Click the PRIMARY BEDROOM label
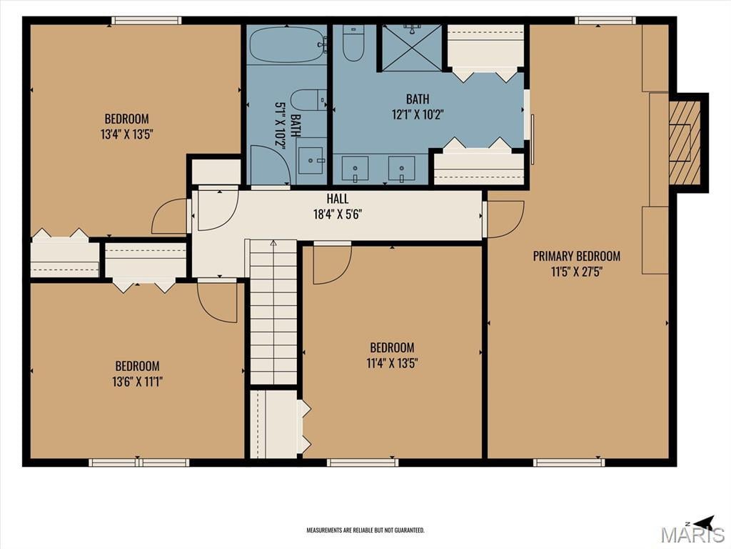[x=577, y=257]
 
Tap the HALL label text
[x=338, y=199]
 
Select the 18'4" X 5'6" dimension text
[x=338, y=214]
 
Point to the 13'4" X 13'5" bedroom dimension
[x=127, y=134]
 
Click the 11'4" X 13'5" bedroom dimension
[x=392, y=363]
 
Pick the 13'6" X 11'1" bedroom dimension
[x=137, y=382]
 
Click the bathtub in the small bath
[x=287, y=45]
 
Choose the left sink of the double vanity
[x=356, y=169]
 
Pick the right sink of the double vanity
[x=401, y=169]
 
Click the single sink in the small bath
[x=311, y=161]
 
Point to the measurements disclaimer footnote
[x=365, y=530]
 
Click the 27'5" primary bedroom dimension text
[x=591, y=272]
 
